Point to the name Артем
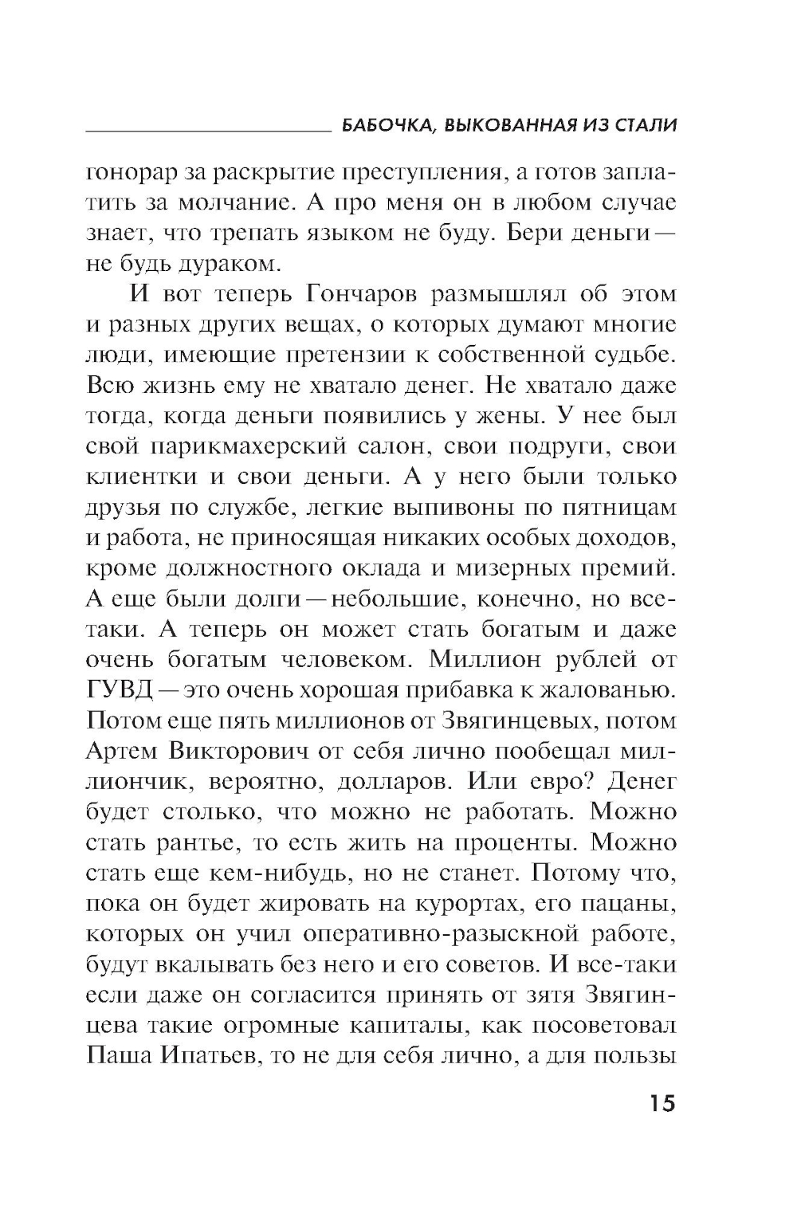pyautogui.click(x=121, y=751)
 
